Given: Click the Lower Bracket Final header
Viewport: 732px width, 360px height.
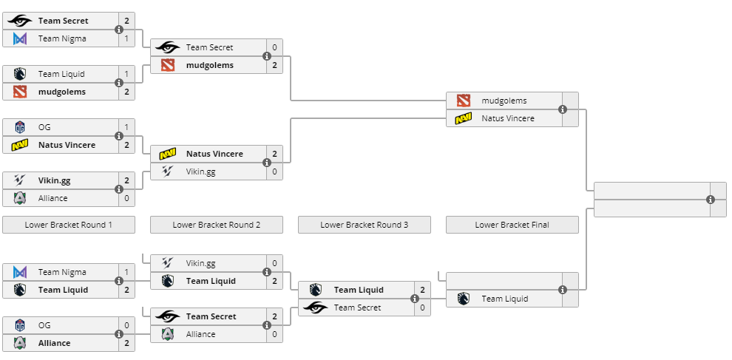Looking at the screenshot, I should point(512,225).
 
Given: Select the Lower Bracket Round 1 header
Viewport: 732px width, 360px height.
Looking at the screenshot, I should point(68,225).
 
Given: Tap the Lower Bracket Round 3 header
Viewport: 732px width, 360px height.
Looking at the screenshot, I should point(364,225).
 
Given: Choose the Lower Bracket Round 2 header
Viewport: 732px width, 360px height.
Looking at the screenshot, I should point(216,225).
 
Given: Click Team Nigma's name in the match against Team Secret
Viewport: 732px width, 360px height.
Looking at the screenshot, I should point(62,38).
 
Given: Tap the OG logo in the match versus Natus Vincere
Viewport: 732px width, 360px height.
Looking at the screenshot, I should point(20,127).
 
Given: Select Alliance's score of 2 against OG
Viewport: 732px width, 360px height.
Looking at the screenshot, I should point(126,343).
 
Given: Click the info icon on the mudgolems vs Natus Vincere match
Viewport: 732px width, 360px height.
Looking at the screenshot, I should point(563,109).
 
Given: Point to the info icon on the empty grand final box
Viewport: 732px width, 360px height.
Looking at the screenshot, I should point(711,200).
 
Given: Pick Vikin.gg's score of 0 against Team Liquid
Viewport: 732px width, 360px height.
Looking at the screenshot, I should point(274,263).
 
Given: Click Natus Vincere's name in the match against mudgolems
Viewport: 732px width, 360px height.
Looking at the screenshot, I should point(507,118).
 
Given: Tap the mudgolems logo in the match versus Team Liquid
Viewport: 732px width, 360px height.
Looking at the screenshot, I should point(20,92).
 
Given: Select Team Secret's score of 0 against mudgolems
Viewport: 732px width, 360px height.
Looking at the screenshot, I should point(274,47).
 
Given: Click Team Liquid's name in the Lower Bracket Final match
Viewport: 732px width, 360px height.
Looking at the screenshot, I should point(504,299).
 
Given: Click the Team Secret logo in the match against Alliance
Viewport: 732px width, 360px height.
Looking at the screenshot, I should point(168,316).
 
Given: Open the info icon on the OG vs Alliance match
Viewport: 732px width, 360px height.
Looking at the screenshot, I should point(119,334).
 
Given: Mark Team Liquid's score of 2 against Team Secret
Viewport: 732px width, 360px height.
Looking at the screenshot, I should point(422,290).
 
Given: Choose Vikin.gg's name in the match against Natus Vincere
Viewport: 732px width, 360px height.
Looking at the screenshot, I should point(200,171).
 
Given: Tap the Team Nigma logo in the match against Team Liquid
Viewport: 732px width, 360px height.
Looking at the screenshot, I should point(20,272).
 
